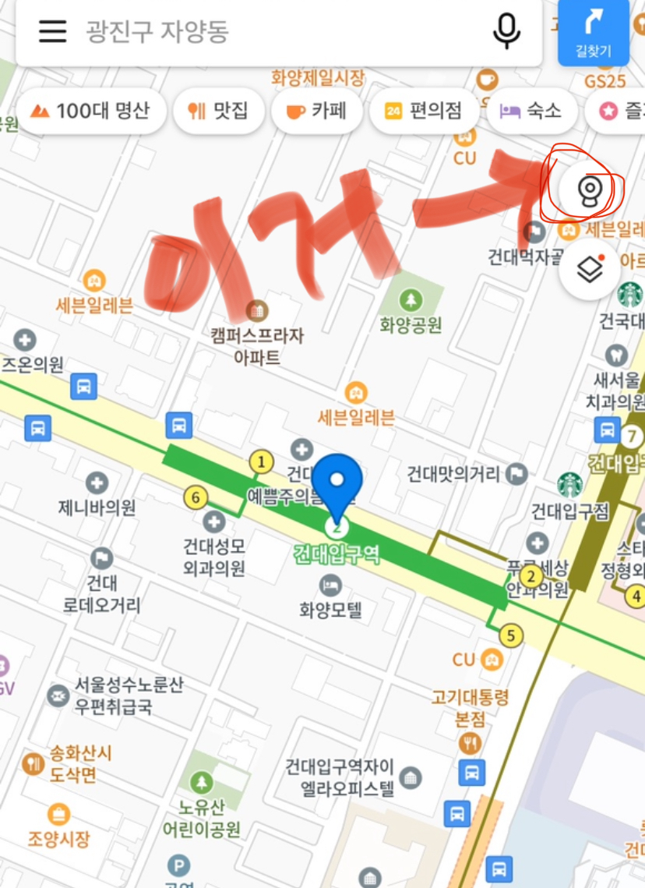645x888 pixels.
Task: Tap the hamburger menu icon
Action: pyautogui.click(x=52, y=31)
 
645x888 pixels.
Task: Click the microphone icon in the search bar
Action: pyautogui.click(x=506, y=31)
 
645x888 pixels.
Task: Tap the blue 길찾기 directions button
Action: pyautogui.click(x=594, y=32)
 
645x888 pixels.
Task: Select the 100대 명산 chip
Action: pyautogui.click(x=90, y=111)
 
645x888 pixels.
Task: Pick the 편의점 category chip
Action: pyautogui.click(x=424, y=111)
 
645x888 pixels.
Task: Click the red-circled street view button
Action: pyautogui.click(x=590, y=189)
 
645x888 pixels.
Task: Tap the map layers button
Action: pyautogui.click(x=590, y=270)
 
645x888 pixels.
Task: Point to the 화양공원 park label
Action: pyautogui.click(x=411, y=324)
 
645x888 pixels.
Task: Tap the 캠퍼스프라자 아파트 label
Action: pyautogui.click(x=256, y=346)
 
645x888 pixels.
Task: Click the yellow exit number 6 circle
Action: pyautogui.click(x=196, y=497)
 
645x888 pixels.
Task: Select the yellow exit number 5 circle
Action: pyautogui.click(x=511, y=635)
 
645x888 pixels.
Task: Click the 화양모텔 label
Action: pyautogui.click(x=330, y=609)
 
